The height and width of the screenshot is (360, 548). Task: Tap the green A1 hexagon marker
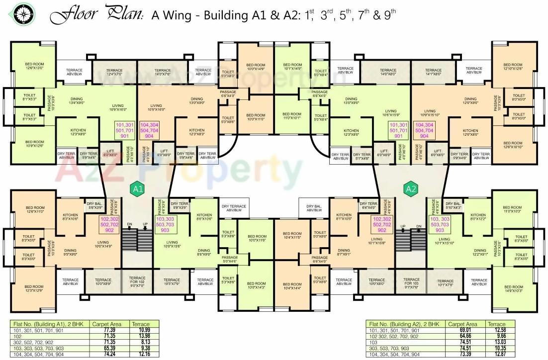tap(137, 189)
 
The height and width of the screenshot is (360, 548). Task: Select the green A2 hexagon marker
tap(411, 189)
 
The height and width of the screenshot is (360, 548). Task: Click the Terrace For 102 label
tap(137, 282)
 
